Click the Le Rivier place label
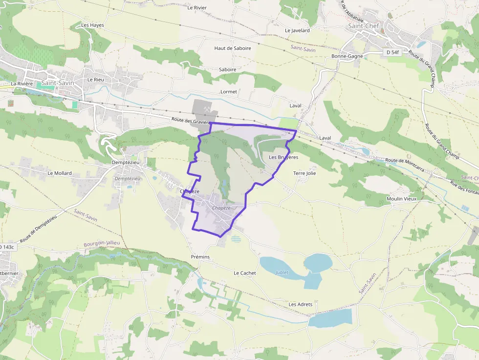[197, 7]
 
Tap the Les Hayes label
[92, 25]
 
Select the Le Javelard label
[297, 30]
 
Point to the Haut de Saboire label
[233, 48]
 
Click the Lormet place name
[229, 92]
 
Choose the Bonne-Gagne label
[347, 56]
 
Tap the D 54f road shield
[391, 52]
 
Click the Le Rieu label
[96, 79]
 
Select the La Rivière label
[22, 84]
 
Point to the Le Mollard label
[60, 173]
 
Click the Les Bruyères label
[283, 157]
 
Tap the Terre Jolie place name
[305, 173]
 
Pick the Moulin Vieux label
[401, 199]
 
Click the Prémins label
[200, 257]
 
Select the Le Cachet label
[245, 273]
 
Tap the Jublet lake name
[282, 272]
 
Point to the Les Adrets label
[301, 304]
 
